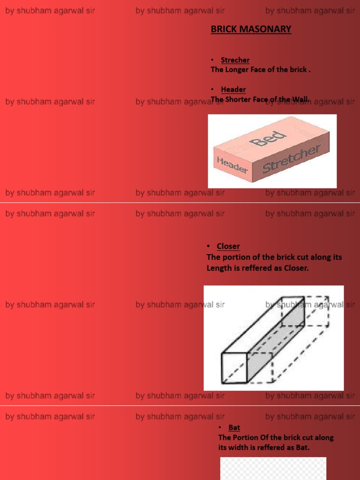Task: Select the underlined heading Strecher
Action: coord(235,60)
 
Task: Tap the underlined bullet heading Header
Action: coord(233,90)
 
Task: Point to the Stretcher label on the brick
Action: coord(291,159)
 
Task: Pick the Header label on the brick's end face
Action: coord(232,165)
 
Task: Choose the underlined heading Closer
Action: coord(228,246)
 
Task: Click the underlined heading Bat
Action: coord(234,427)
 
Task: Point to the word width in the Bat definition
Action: coord(239,448)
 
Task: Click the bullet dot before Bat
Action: coord(221,427)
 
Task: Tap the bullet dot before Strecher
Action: coord(212,60)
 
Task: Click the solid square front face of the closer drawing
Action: coord(234,368)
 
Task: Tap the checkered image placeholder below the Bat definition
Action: coord(273,469)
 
